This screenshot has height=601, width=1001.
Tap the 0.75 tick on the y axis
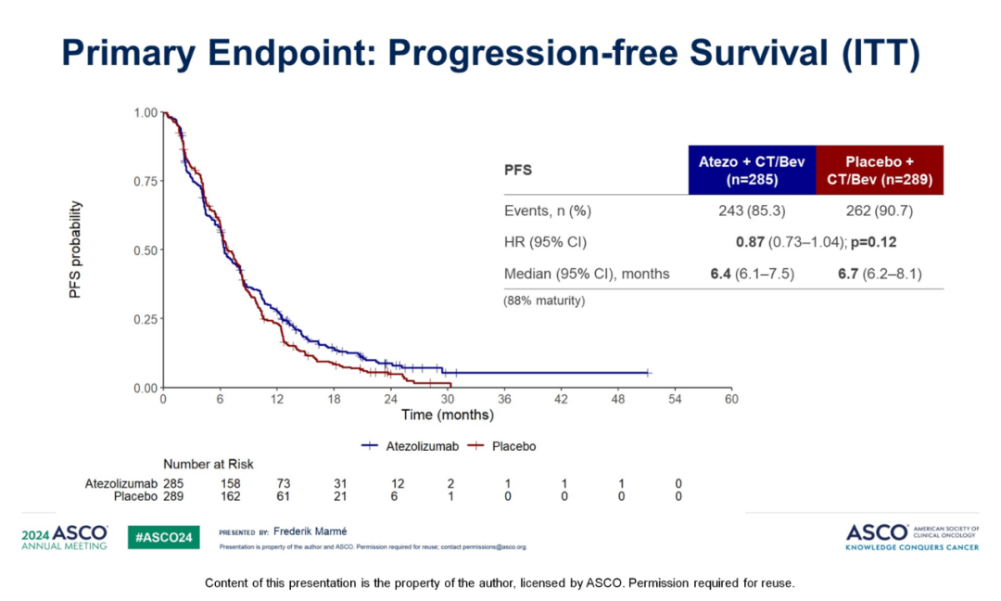coord(146,182)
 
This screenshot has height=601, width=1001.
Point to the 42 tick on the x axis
coord(561,399)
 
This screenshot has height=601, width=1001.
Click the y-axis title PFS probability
coord(76,249)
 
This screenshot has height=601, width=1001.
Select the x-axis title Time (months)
coord(447,415)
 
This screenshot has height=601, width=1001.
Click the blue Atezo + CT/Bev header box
coord(752,170)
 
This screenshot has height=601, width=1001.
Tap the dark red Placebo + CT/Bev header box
coord(880,170)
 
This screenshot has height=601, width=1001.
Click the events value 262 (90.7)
coord(880,211)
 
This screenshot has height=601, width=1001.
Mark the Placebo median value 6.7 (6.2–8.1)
coord(880,274)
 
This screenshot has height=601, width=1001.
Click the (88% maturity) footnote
coord(544,300)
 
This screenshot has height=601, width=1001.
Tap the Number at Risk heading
coord(209,464)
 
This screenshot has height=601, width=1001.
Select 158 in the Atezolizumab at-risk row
coord(230,483)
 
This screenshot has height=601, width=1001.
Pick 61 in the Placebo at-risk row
coord(286,496)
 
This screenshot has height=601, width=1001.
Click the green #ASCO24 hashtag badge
coord(162,537)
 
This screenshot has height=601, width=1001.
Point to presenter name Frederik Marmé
coord(310,532)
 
